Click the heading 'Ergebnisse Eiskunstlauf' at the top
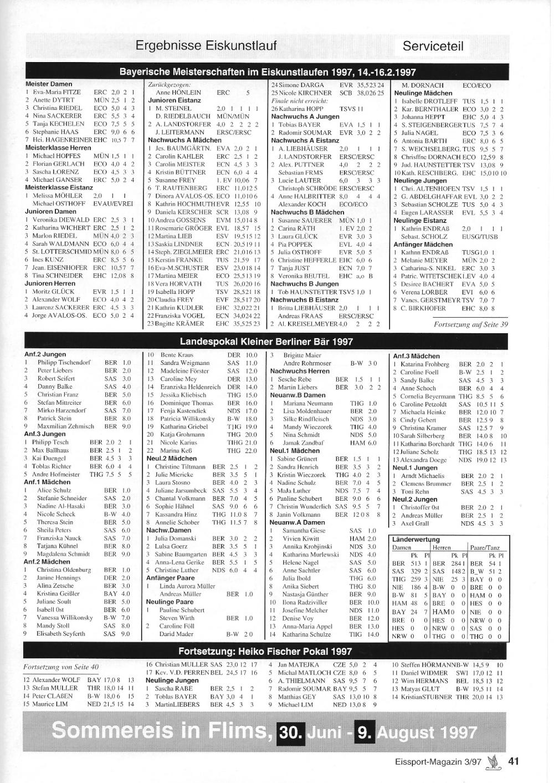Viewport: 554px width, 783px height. [206, 45]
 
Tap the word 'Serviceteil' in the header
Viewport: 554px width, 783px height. [433, 46]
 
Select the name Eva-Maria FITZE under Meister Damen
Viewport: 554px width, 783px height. [57, 92]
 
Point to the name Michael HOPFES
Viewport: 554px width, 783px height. [57, 156]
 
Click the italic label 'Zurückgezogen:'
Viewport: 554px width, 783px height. [166, 84]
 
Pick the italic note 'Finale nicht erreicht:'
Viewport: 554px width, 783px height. [300, 101]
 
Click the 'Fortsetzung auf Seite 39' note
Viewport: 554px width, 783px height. [470, 324]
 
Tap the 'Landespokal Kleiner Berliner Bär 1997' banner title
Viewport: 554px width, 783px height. [266, 342]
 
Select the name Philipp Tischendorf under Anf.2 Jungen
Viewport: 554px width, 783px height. [64, 362]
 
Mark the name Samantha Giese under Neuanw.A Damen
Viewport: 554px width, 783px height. [304, 531]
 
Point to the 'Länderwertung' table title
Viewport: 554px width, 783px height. [416, 539]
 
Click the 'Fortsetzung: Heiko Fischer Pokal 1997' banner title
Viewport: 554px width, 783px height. [265, 652]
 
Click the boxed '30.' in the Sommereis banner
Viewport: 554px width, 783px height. [290, 732]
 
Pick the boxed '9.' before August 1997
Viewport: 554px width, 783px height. [364, 732]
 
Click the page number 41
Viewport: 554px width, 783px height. [513, 761]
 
